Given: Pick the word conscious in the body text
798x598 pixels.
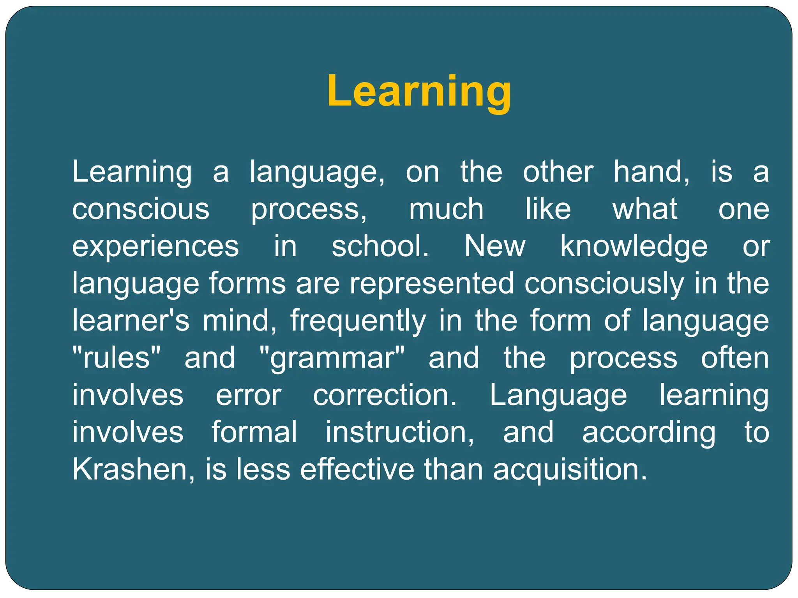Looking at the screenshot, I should [x=141, y=209].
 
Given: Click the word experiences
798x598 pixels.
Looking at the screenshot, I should [x=155, y=246].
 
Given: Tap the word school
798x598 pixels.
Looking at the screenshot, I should [x=380, y=246].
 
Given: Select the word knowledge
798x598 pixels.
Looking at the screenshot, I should [x=634, y=246].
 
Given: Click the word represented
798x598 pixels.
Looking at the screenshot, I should [x=432, y=283].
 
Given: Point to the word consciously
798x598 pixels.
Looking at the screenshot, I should [x=604, y=283].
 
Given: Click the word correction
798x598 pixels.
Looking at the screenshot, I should [x=385, y=395].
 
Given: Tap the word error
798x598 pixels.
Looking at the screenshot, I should [x=249, y=395].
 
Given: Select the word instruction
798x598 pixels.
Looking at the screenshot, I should [x=400, y=432].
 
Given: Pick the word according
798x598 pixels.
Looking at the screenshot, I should [x=649, y=432].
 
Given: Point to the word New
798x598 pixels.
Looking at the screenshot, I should [x=494, y=246].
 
